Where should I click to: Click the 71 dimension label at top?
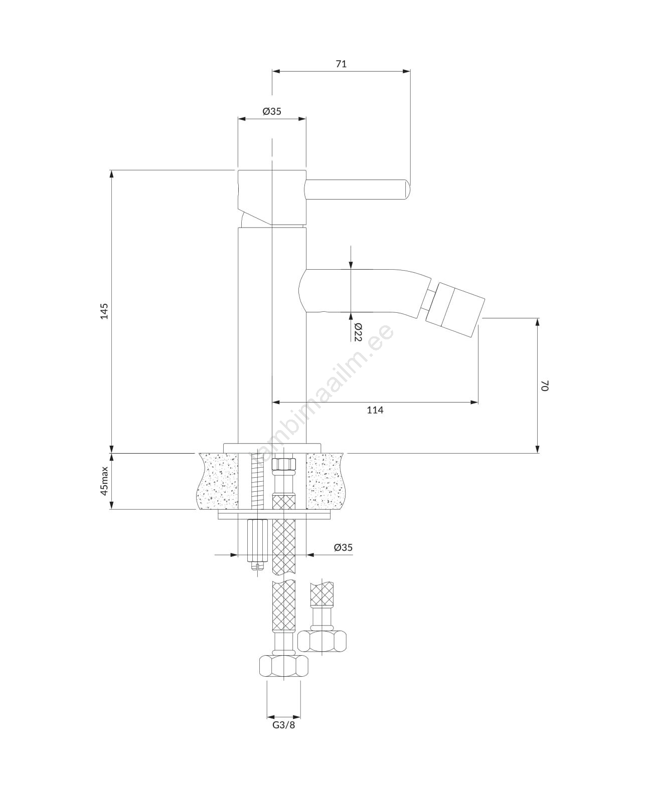[341, 64]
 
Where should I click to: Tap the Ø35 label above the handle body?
[272, 111]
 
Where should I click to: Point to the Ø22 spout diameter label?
[358, 331]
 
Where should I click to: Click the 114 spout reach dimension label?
[375, 410]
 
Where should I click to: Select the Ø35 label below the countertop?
[343, 547]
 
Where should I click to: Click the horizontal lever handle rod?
[358, 189]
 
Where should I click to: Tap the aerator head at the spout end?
[455, 306]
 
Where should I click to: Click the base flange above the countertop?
[272, 448]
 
